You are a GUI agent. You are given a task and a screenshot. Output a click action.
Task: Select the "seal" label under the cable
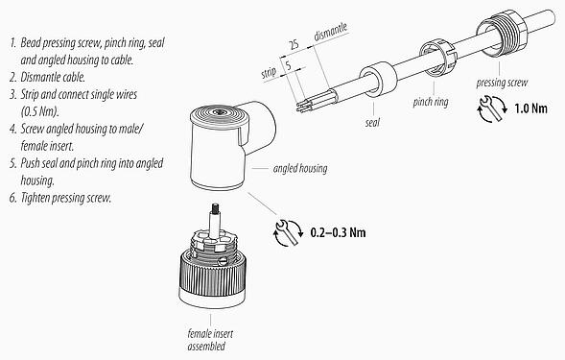tap(372, 123)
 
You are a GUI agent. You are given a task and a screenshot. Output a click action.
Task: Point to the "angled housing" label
tap(300, 169)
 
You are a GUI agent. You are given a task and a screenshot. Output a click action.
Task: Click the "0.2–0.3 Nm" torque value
tap(340, 231)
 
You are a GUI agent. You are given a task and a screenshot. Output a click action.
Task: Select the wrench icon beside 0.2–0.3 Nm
tap(286, 231)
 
